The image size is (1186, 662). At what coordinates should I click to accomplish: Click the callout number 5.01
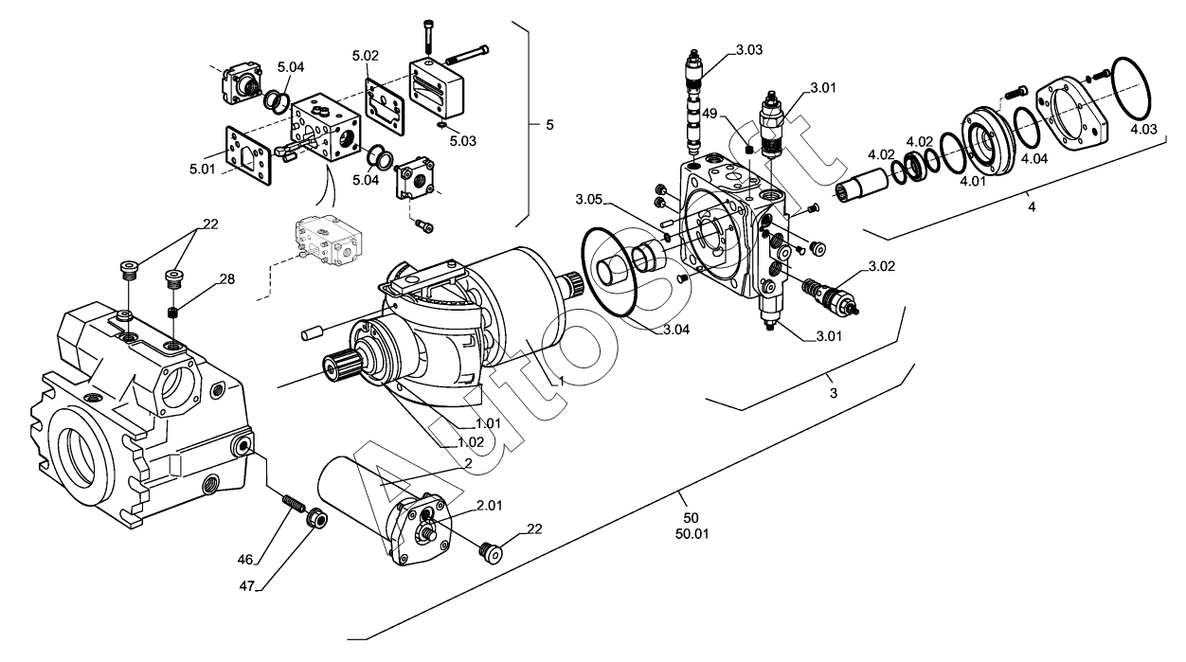click(203, 169)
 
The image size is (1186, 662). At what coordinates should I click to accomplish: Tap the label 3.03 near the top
click(749, 50)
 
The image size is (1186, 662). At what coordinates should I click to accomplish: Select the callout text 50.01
click(692, 534)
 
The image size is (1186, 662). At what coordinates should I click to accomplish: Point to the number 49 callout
click(710, 114)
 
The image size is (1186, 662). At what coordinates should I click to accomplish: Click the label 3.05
click(589, 200)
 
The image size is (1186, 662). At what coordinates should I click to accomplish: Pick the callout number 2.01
click(489, 506)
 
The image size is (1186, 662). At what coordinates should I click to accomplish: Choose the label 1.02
click(471, 442)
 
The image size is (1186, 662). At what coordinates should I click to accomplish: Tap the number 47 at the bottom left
click(246, 586)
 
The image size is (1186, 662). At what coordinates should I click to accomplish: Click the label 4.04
click(1034, 158)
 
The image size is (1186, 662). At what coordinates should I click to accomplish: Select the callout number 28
click(227, 278)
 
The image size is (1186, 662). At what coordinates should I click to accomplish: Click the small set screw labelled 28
click(173, 313)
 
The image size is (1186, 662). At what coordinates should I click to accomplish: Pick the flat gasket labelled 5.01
click(248, 154)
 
